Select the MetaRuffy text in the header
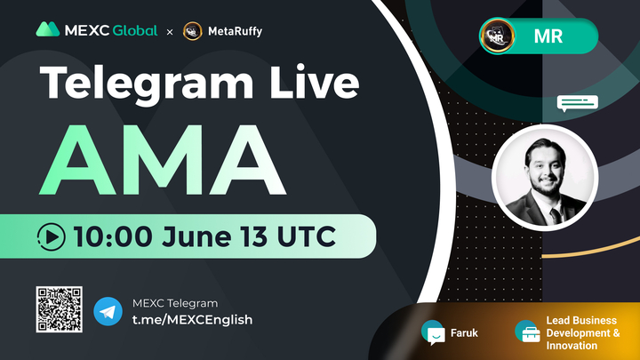[234, 31]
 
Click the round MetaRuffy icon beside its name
[191, 31]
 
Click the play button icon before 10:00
[52, 236]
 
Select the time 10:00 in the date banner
[110, 236]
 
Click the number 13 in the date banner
[258, 236]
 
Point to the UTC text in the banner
[310, 236]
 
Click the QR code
[59, 309]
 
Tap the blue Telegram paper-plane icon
[108, 311]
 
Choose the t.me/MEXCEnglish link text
[191, 320]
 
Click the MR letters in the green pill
[547, 37]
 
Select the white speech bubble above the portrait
[577, 104]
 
